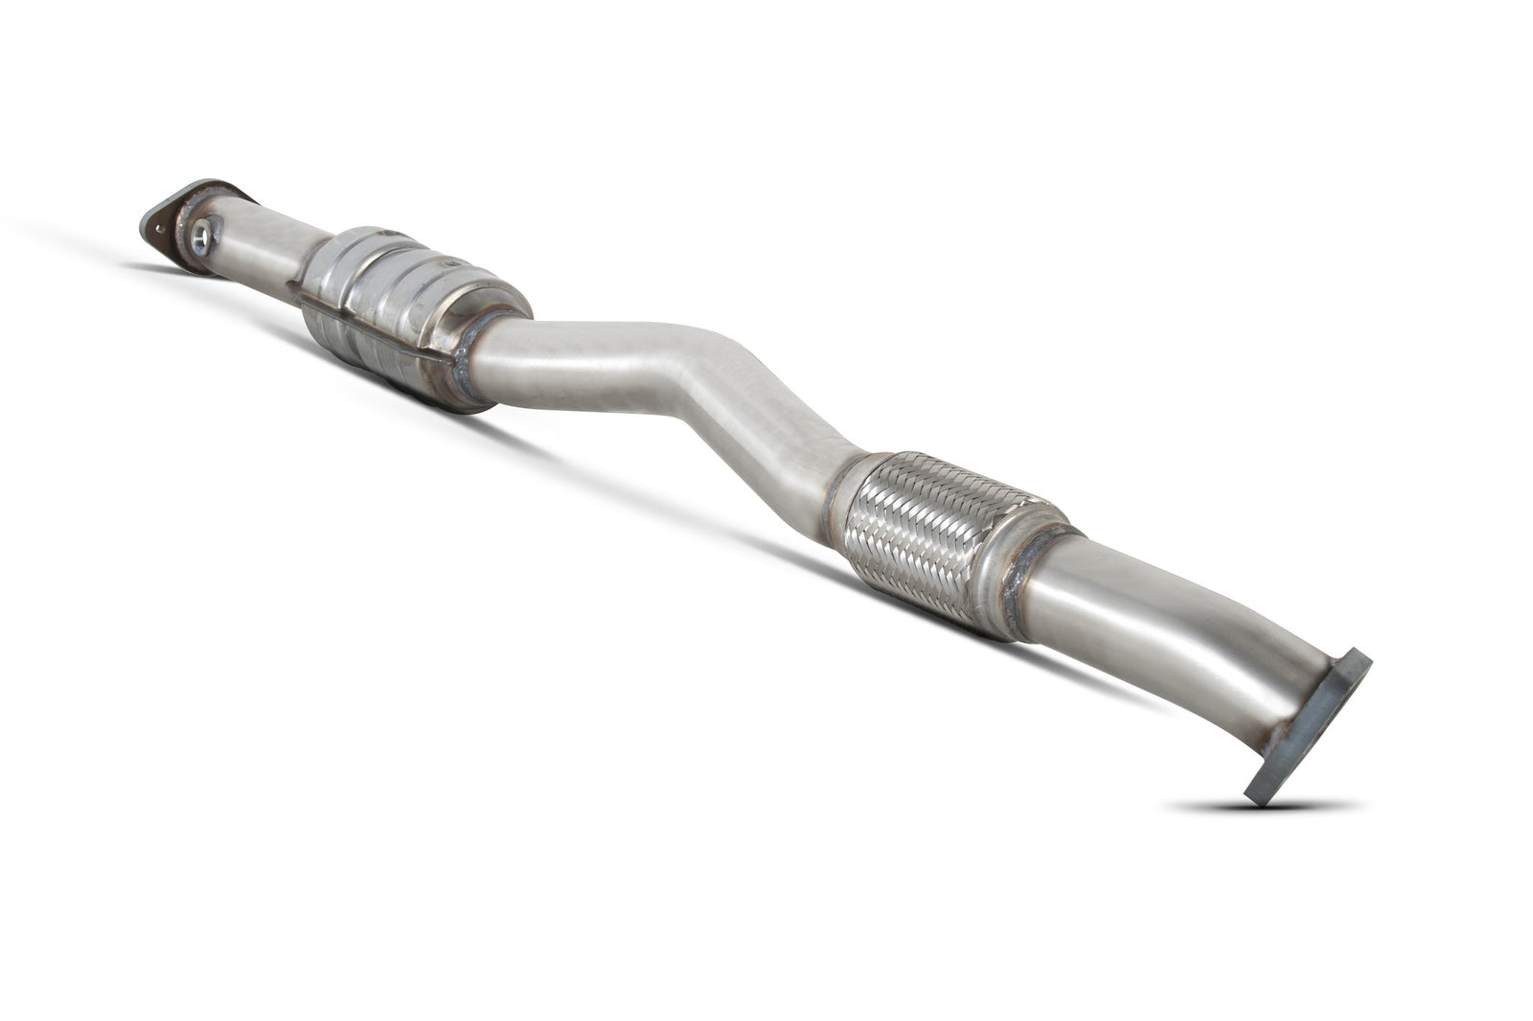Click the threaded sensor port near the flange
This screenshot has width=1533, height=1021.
pos(202,234)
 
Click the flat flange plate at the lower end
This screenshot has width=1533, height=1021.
pos(1307,727)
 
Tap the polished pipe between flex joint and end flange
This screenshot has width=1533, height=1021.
pos(1150,613)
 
